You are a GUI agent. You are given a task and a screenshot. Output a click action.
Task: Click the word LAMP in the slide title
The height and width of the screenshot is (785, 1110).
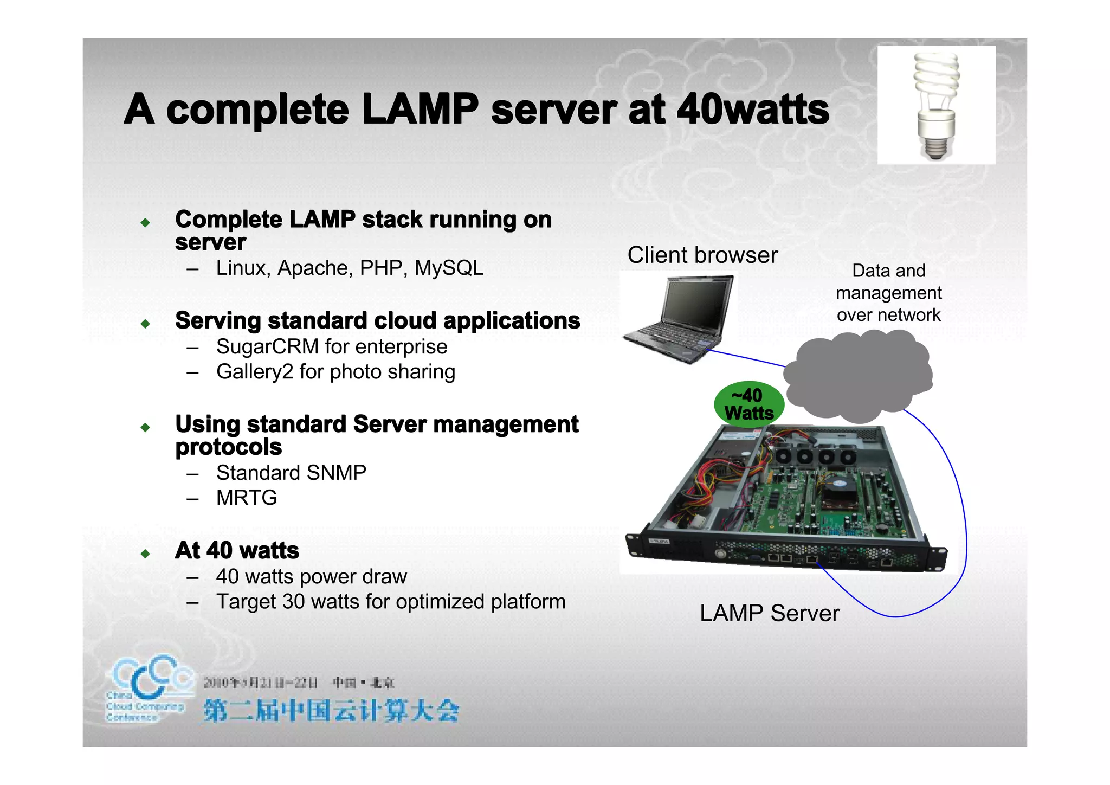click(x=420, y=110)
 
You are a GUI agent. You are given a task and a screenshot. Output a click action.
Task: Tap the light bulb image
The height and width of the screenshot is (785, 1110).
click(x=936, y=105)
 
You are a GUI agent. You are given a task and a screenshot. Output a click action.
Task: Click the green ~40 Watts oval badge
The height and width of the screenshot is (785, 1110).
click(x=749, y=404)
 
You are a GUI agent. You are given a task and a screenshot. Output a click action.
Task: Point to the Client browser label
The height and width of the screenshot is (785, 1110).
click(x=702, y=255)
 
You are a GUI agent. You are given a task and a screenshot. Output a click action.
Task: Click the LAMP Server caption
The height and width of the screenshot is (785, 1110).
click(x=769, y=614)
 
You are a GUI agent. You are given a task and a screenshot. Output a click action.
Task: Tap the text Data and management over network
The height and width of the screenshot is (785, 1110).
click(x=888, y=293)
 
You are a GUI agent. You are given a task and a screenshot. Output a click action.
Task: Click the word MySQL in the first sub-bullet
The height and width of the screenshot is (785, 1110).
click(x=449, y=268)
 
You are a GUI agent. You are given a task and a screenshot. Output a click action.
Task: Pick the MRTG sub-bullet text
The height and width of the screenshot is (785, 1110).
click(x=247, y=498)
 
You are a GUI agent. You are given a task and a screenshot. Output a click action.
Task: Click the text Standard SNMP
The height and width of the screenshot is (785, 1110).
click(x=291, y=473)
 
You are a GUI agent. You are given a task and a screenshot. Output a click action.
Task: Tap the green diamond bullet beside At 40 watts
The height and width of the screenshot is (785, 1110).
click(x=145, y=554)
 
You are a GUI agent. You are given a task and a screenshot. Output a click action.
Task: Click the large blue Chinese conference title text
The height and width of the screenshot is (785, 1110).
click(x=331, y=711)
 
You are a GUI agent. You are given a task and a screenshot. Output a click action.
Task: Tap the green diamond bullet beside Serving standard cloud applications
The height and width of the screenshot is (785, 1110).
click(x=145, y=324)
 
